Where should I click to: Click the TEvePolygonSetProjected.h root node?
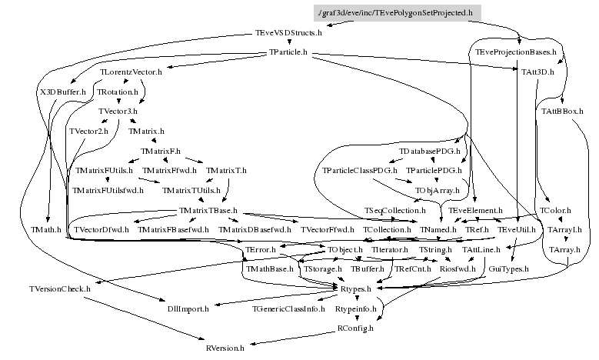pyautogui.click(x=398, y=13)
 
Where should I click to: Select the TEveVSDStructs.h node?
pyautogui.click(x=288, y=33)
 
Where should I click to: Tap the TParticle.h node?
pyautogui.click(x=288, y=52)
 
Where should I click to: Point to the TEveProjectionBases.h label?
pyautogui.click(x=515, y=52)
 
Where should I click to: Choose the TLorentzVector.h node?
pyautogui.click(x=131, y=72)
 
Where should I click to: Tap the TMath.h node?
pyautogui.click(x=45, y=230)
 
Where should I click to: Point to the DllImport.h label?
pyautogui.click(x=188, y=308)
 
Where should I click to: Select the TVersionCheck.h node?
pyautogui.click(x=60, y=288)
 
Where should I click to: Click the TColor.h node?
pyautogui.click(x=554, y=210)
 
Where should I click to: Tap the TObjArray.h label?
pyautogui.click(x=437, y=190)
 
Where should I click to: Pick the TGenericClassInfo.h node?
pyautogui.click(x=288, y=308)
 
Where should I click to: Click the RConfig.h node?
pyautogui.click(x=355, y=328)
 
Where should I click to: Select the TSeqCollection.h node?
pyautogui.click(x=394, y=210)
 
